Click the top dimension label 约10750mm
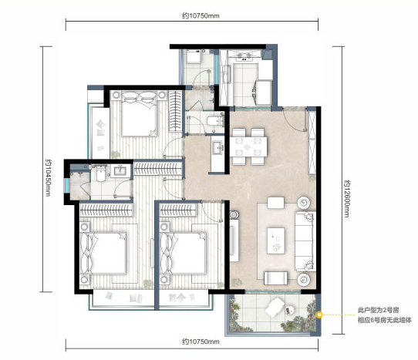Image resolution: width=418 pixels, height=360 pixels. pos(201,16)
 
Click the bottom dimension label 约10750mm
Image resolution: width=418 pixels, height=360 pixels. pos(201,341)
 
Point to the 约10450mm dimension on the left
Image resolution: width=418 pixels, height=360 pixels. pos(49,178)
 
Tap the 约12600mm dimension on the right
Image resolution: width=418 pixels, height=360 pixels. pos(347,199)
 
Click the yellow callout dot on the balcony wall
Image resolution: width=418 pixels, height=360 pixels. pos(319,315)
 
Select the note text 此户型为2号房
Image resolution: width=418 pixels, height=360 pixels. pos(378,310)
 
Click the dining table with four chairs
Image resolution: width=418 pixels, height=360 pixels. pos(248,146)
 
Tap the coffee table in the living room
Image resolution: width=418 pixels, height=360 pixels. pos(276,241)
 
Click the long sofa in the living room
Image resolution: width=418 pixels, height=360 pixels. pos(305,241)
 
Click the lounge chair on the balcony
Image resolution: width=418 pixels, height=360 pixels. pos(275,308)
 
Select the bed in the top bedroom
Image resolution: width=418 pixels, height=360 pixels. pos(139,114)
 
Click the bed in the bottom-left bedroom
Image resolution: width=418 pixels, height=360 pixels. pos(103,254)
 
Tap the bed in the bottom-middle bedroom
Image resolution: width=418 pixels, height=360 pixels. pos(183,254)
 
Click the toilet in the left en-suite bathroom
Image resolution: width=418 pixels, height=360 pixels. pos(100,173)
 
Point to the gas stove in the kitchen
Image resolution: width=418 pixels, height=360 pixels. pos(244,56)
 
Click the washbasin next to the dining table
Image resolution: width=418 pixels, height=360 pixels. pos(218,148)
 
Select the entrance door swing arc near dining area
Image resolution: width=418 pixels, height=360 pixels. pos(294,120)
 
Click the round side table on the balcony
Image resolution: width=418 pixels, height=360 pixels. pos(289,310)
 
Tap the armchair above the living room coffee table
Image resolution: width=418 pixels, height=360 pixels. pos(275,203)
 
